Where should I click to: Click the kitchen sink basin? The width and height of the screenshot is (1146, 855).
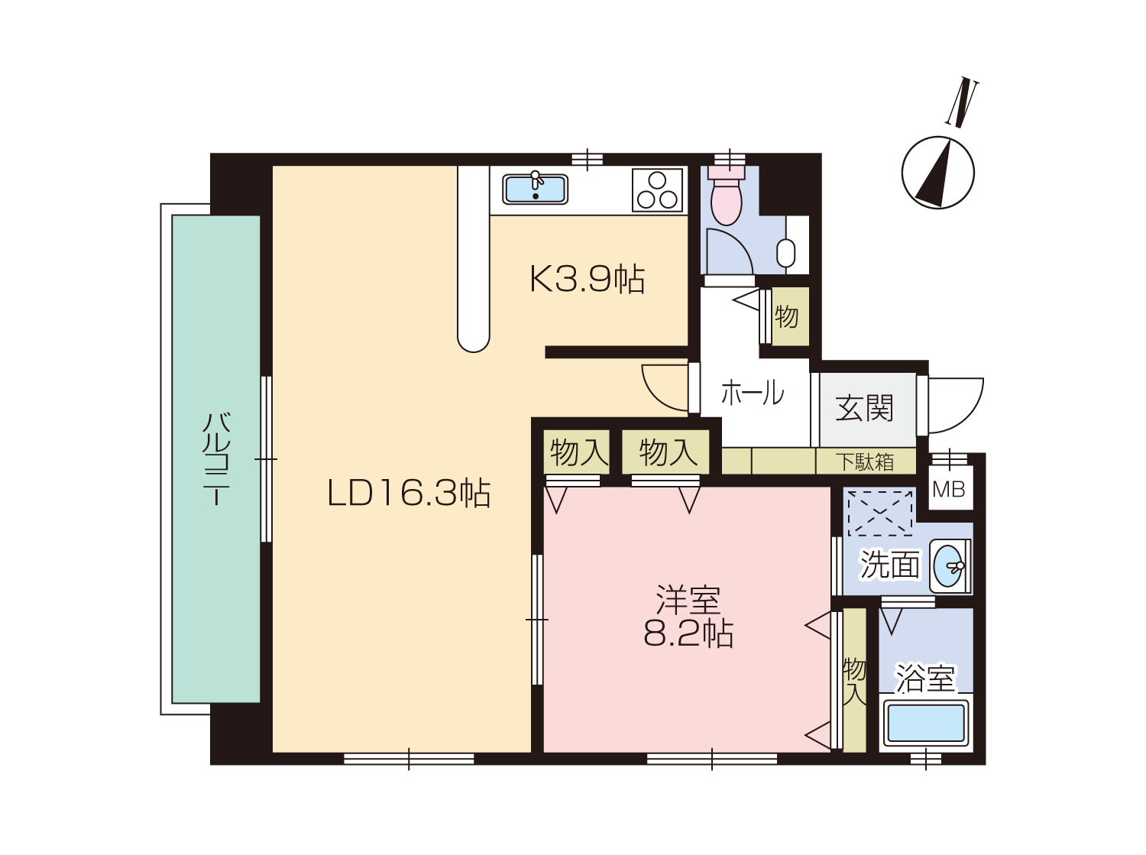point(535,189)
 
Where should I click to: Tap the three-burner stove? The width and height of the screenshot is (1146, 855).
point(657,190)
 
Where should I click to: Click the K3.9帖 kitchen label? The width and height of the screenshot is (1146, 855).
point(588,279)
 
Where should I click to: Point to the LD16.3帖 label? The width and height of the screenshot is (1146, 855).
point(409,493)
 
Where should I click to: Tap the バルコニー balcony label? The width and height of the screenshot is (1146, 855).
point(215,458)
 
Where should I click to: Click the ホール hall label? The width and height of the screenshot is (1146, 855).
point(753,393)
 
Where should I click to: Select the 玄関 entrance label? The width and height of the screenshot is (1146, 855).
point(865,408)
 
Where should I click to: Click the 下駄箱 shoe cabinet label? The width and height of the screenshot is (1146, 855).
point(865,462)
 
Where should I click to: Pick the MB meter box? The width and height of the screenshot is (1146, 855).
point(949,490)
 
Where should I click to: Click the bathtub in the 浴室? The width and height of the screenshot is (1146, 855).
point(926,722)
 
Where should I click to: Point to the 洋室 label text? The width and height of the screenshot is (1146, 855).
point(688,601)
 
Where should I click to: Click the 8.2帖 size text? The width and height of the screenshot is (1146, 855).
point(688,634)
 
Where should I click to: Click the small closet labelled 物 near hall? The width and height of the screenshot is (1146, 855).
point(791,316)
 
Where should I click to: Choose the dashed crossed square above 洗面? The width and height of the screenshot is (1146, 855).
point(880,513)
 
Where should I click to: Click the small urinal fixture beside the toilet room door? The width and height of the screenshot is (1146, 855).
point(785,253)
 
